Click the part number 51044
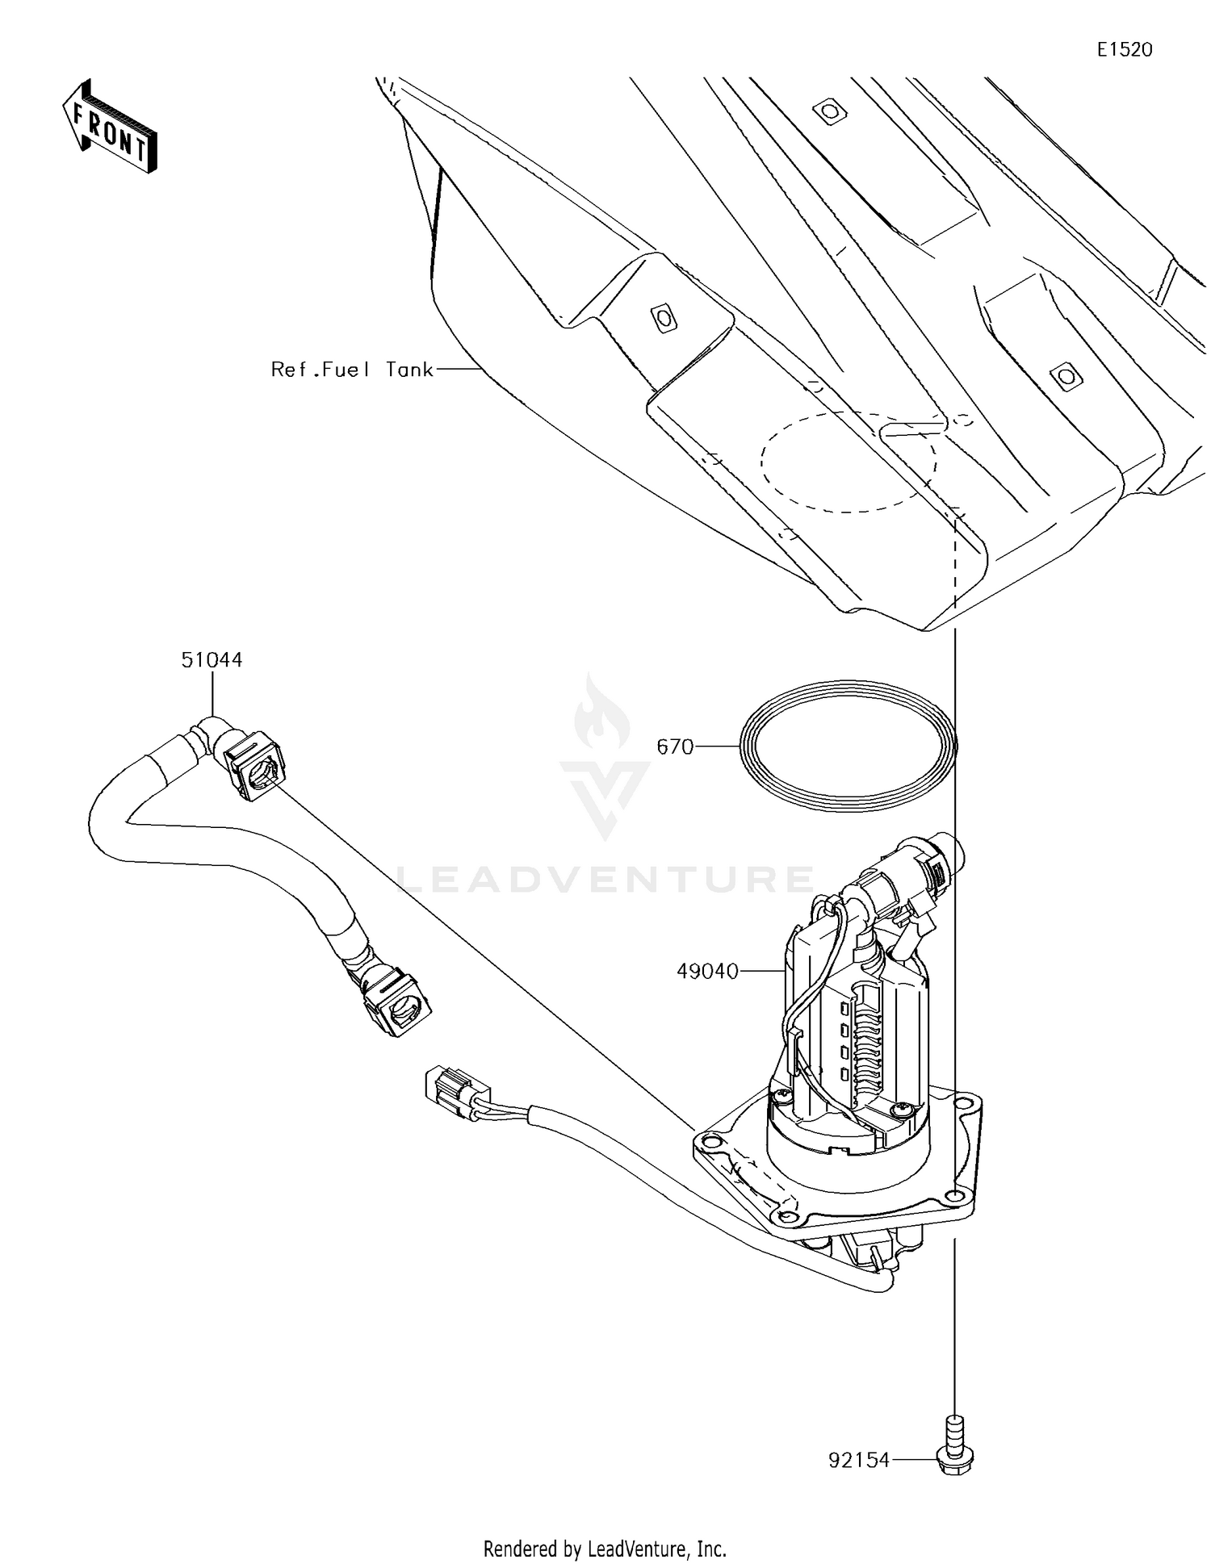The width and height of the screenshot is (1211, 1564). point(212,659)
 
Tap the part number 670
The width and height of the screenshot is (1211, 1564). point(675,747)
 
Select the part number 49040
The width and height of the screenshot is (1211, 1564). point(707,972)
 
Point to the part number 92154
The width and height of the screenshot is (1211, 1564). point(859,1459)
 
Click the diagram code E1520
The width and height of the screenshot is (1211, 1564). point(1124,50)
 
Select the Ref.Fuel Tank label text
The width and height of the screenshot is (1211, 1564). point(352,370)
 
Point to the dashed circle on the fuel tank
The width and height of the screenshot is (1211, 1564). point(849,462)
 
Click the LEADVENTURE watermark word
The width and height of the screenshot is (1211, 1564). point(605,879)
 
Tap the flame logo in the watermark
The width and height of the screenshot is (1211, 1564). point(601,714)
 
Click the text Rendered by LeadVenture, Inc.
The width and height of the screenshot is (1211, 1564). point(605,1548)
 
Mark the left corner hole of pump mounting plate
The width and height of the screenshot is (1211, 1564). point(709,1141)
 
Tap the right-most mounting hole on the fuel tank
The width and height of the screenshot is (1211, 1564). point(1065,374)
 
